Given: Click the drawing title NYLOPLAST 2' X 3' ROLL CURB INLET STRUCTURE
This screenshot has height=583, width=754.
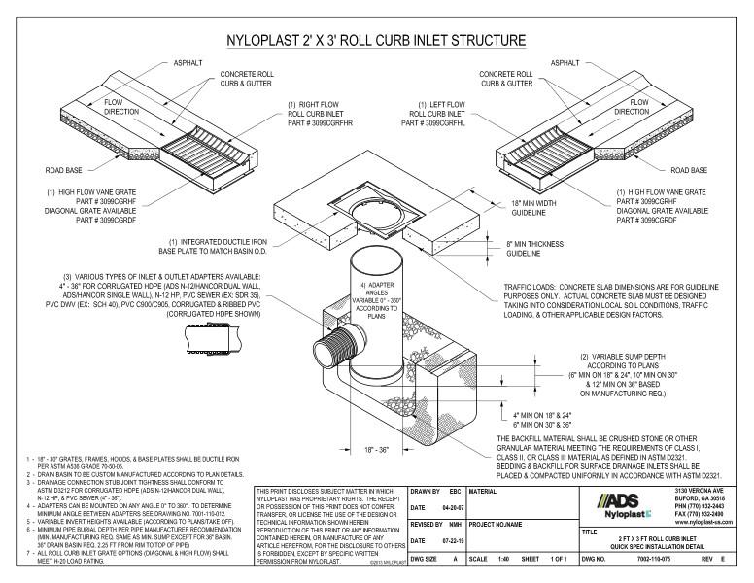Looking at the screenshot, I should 376,41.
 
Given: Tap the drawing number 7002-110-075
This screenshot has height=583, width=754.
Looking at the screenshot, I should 642,561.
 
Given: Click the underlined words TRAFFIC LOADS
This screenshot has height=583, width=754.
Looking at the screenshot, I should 531,288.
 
